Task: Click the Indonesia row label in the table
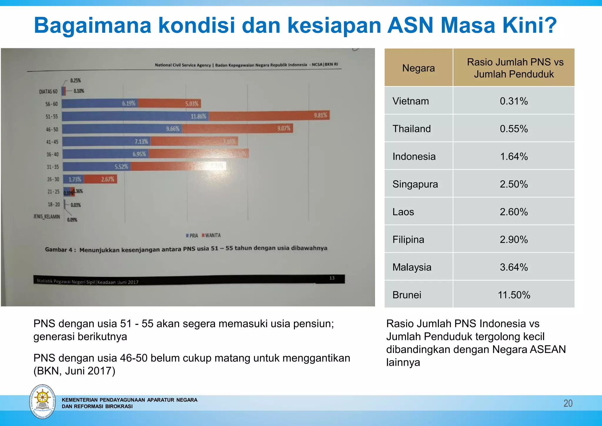(x=414, y=157)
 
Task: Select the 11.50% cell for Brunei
(x=514, y=295)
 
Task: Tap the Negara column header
(x=418, y=68)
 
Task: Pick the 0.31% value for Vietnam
(x=514, y=101)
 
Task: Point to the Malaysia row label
(x=412, y=267)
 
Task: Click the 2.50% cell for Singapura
(x=514, y=184)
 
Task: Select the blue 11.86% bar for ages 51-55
(x=135, y=116)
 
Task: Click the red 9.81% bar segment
(x=269, y=116)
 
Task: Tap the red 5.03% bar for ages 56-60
(x=170, y=103)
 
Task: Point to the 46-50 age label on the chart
(x=52, y=129)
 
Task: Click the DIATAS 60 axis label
(x=48, y=91)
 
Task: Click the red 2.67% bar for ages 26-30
(x=101, y=179)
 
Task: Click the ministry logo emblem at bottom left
(x=43, y=401)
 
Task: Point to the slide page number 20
(x=568, y=403)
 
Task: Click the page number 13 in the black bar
(x=332, y=278)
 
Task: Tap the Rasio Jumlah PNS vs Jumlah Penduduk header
(x=514, y=68)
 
